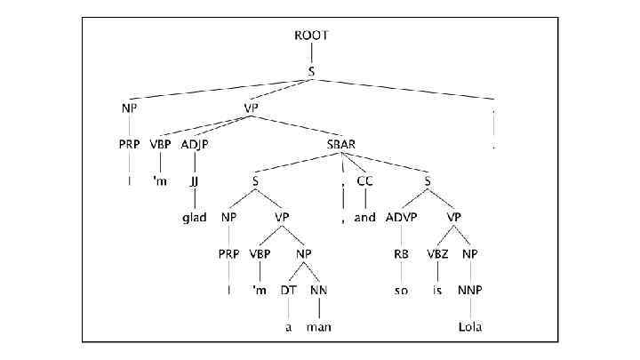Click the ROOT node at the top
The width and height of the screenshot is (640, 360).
[x=311, y=36]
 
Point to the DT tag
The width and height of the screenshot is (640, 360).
[x=286, y=290]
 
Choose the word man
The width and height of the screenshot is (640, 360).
[x=318, y=325]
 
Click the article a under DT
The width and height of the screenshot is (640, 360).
[x=287, y=325]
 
